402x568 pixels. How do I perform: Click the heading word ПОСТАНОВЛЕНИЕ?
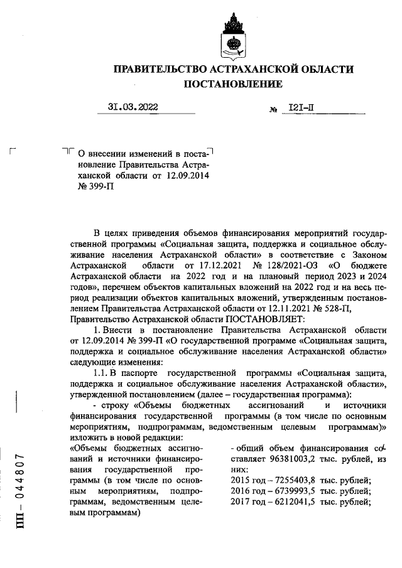click(x=232, y=84)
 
